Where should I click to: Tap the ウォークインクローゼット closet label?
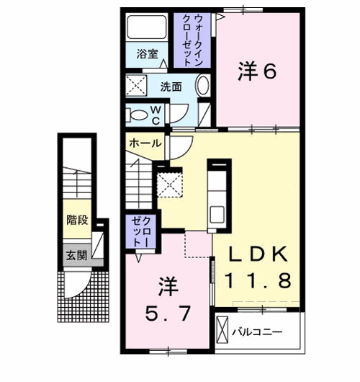click(193, 40)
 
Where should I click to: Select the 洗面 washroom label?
click(171, 86)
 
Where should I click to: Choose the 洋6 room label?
click(257, 71)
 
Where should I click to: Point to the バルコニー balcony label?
click(258, 332)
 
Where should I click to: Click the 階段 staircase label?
click(77, 219)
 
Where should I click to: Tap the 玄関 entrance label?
click(77, 254)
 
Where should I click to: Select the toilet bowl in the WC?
click(137, 113)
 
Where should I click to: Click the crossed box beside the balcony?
click(222, 332)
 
